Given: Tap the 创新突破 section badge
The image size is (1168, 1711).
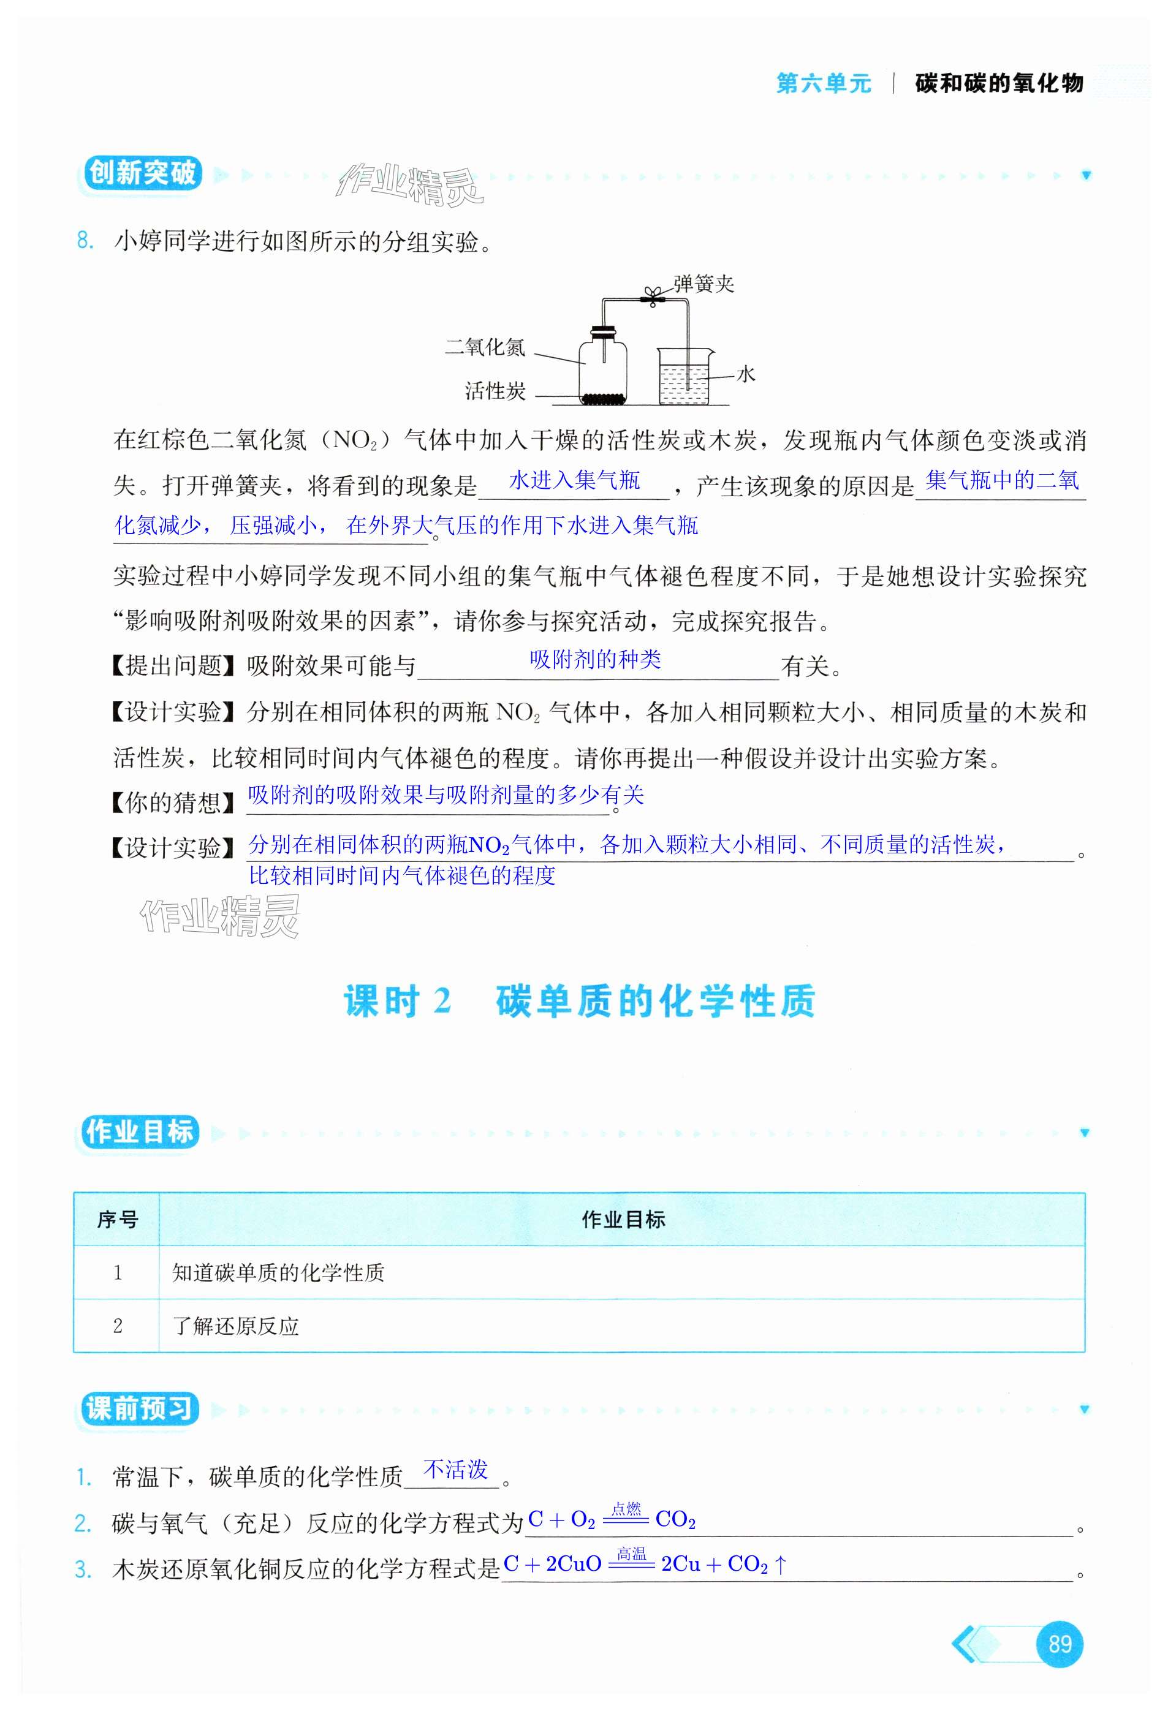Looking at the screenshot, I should coord(142,174).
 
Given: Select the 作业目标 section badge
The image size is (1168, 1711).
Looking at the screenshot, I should coord(138,1131).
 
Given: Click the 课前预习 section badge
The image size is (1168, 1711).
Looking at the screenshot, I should coord(138,1408).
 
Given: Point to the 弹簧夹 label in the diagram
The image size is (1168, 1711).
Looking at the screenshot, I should coord(703,284).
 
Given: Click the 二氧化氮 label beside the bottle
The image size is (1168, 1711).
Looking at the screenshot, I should coord(485,347).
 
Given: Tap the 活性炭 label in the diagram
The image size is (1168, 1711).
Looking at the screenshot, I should coord(495,391).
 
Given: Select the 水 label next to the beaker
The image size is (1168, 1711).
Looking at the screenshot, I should coord(745,375).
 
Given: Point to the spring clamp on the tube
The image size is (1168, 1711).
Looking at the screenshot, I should coord(652,295).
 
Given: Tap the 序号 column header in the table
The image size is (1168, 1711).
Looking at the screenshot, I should coord(117,1220).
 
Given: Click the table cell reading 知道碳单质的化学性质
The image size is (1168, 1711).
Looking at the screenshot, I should coord(278,1272).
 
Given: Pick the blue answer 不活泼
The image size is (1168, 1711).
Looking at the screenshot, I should coord(455,1470).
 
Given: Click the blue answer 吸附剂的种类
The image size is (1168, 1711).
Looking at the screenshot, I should coord(595,660).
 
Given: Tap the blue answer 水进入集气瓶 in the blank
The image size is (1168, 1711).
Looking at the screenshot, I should coord(574,481).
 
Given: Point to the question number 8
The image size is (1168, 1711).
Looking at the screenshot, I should coord(85,241).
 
